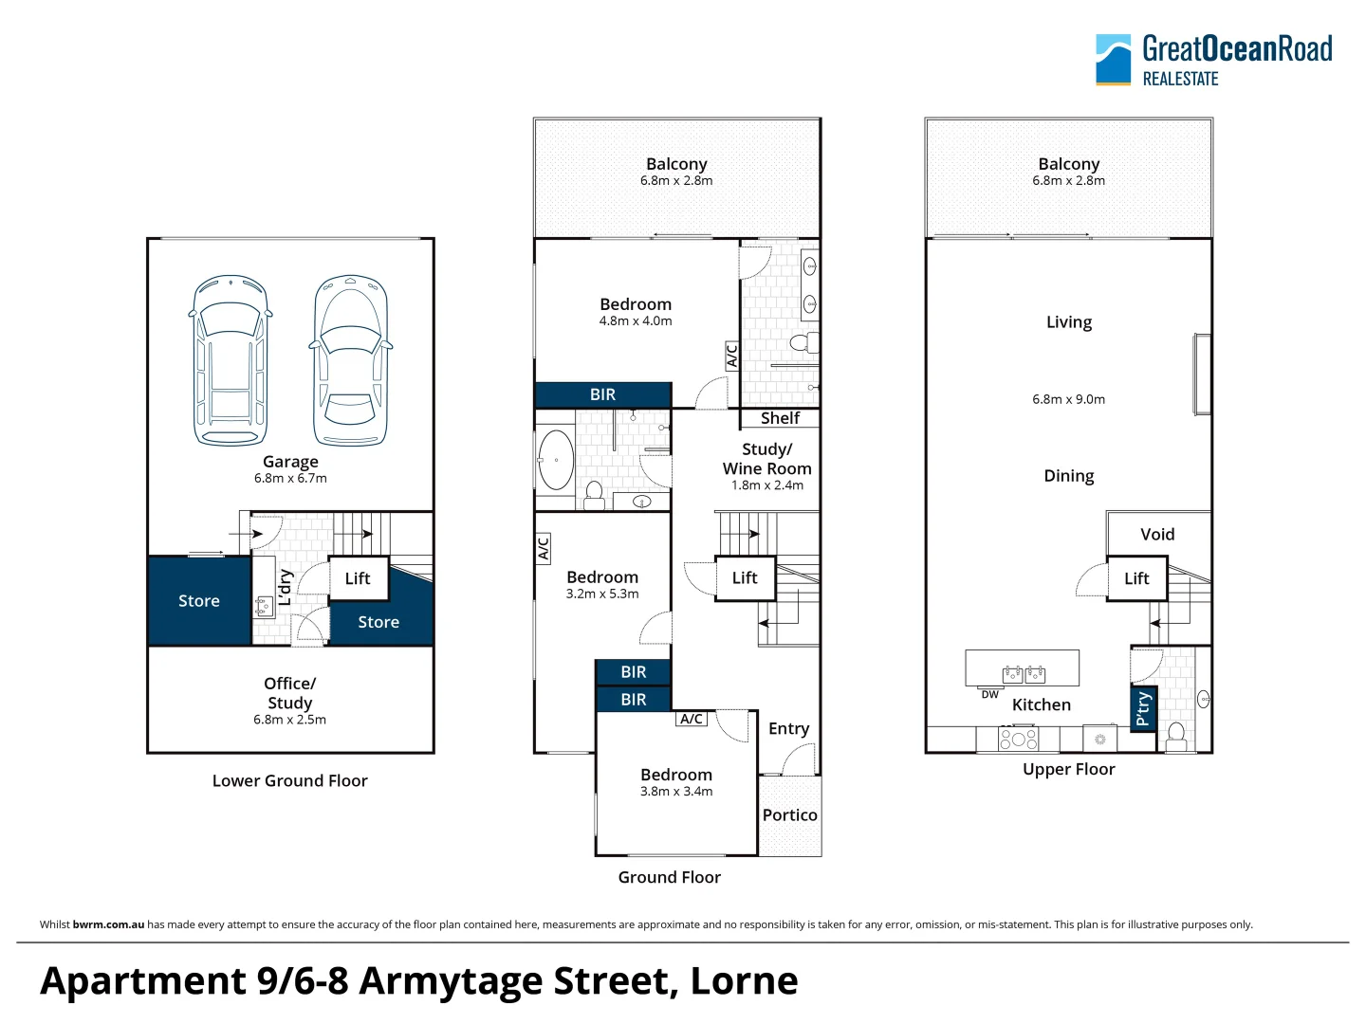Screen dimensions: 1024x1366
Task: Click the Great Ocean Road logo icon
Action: pyautogui.click(x=1113, y=60)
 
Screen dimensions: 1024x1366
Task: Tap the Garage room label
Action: pyautogui.click(x=290, y=462)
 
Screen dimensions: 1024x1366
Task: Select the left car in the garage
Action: pyautogui.click(x=230, y=360)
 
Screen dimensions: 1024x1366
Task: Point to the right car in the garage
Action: pyautogui.click(x=350, y=360)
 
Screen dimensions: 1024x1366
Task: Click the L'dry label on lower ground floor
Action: pyautogui.click(x=286, y=587)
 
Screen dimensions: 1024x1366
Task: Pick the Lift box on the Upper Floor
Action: pyautogui.click(x=1135, y=578)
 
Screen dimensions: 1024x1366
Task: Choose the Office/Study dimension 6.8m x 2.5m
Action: pyautogui.click(x=289, y=720)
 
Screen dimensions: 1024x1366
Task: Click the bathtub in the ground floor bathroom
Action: pyautogui.click(x=555, y=460)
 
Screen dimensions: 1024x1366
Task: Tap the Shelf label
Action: pyautogui.click(x=780, y=418)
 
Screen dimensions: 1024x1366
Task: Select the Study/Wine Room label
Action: pyautogui.click(x=766, y=459)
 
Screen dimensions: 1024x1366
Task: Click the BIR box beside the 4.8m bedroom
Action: pyautogui.click(x=603, y=394)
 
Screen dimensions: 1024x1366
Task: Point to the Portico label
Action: pyautogui.click(x=789, y=815)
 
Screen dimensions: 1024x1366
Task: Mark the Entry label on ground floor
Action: pyautogui.click(x=788, y=729)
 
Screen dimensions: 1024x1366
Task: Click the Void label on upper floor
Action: pyautogui.click(x=1157, y=535)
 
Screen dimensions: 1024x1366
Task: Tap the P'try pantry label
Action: pyautogui.click(x=1143, y=708)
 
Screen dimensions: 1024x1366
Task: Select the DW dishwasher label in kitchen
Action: pyautogui.click(x=989, y=694)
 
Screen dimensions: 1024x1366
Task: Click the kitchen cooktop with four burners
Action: pyautogui.click(x=1018, y=739)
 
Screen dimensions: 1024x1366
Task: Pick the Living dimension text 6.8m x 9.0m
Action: pyautogui.click(x=1068, y=399)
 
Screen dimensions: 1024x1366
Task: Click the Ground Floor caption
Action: pyautogui.click(x=669, y=878)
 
